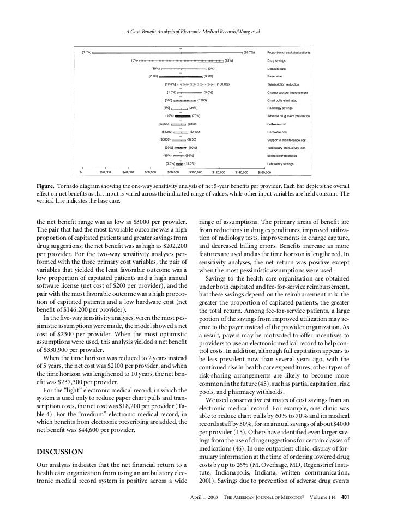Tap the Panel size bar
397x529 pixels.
(x=182, y=76)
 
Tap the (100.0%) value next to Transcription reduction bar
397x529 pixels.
(x=224, y=84)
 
